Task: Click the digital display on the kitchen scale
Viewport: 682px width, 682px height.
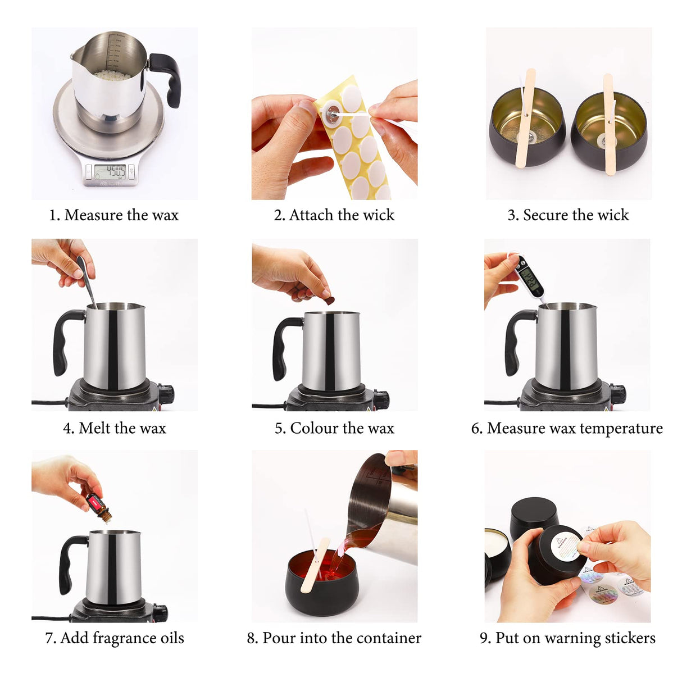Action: (110, 171)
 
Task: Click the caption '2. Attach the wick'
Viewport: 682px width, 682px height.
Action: (334, 215)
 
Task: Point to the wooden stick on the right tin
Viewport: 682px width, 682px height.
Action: (609, 125)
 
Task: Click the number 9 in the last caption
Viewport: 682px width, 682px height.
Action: (484, 638)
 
